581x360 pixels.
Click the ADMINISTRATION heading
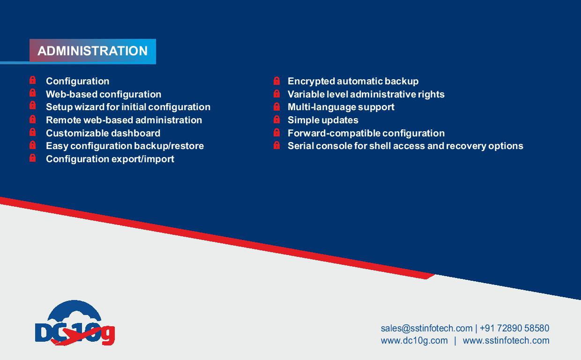[93, 51]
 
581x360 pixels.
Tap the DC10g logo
[75, 323]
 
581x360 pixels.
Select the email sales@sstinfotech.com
[426, 328]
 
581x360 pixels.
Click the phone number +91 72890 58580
[514, 328]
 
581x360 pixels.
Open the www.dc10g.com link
[414, 340]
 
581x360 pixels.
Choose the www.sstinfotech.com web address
[506, 340]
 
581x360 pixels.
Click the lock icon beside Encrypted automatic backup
[277, 81]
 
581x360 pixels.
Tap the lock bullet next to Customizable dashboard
[32, 132]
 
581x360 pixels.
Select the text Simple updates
[323, 120]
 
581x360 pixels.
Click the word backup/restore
[169, 146]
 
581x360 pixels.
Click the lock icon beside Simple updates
[277, 120]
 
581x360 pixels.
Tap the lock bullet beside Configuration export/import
[32, 158]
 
